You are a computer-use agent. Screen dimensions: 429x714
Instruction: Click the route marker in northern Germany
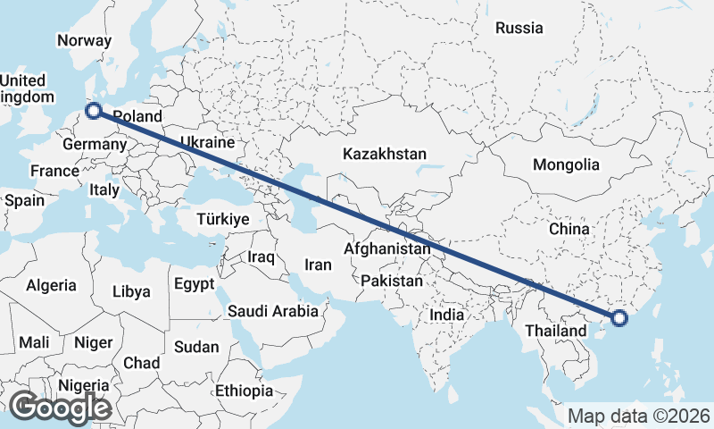coord(94,112)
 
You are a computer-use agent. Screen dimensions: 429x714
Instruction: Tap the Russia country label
coord(519,28)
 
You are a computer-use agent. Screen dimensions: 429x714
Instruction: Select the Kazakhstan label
coord(385,154)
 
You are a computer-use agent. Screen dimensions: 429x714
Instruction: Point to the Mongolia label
coord(566,165)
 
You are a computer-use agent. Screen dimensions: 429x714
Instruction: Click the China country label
coord(569,229)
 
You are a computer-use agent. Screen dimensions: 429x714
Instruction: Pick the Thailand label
coord(558,331)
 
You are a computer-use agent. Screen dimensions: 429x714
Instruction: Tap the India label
coord(446,315)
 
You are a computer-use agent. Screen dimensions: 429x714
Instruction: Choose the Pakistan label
coord(392,281)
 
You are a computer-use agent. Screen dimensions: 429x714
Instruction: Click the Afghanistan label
coord(387,248)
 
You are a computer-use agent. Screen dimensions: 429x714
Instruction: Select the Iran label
coord(318,265)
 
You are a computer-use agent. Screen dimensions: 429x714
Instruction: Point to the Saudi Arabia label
coord(273,311)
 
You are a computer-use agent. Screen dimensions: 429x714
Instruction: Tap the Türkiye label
coord(223,219)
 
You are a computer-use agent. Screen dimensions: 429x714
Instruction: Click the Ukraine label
coord(207,142)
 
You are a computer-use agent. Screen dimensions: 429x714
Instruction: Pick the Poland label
coord(138,116)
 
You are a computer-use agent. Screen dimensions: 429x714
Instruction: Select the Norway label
coord(84,40)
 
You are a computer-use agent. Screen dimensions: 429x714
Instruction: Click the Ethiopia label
coord(244,391)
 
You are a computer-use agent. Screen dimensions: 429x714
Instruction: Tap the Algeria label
coord(52,286)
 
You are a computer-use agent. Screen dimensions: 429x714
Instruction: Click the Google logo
coord(60,408)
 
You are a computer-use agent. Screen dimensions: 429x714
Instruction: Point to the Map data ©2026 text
coord(639,416)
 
